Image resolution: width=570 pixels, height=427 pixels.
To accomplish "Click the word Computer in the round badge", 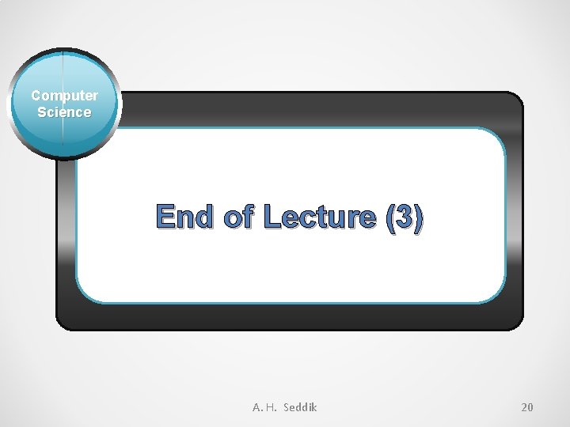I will (x=65, y=96).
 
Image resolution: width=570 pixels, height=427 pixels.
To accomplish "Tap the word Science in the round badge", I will (x=64, y=112).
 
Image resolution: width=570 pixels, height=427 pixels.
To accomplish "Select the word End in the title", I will (x=184, y=216).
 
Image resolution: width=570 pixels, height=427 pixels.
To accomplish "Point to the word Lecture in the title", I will (x=322, y=216).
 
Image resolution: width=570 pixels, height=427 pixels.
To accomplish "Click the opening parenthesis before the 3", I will (x=390, y=217).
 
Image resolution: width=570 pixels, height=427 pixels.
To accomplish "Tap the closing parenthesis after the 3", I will (x=419, y=217).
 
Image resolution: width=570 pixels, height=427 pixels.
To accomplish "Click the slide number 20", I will (x=527, y=407).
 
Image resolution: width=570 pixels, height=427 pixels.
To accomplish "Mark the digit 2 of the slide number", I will (x=524, y=407).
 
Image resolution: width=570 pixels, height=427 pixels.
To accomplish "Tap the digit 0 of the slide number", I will (x=530, y=407).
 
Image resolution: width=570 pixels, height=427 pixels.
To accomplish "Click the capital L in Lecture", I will (x=274, y=216).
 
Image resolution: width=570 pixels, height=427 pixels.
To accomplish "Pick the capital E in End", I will (x=166, y=216).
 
